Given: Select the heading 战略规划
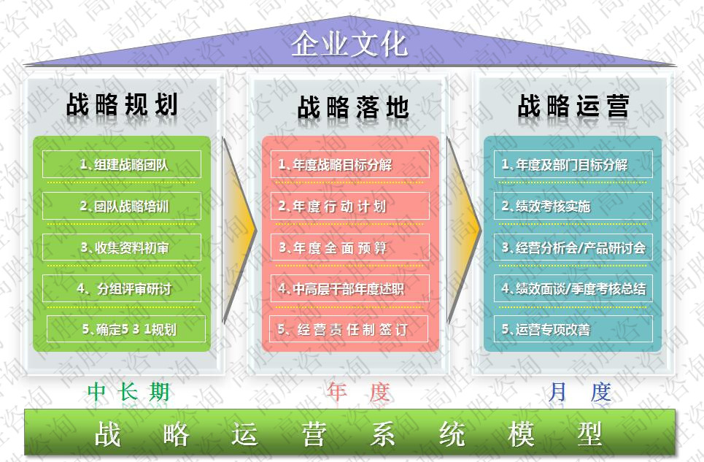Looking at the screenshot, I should (122, 105).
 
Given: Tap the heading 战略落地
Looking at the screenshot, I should (352, 108).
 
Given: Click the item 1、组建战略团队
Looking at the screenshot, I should (123, 165).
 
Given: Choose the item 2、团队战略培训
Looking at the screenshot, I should (123, 207).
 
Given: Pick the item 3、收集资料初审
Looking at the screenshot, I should (123, 248).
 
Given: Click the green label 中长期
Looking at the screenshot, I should (128, 393).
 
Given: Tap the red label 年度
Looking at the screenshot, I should (358, 393).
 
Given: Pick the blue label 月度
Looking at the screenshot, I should (579, 393).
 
